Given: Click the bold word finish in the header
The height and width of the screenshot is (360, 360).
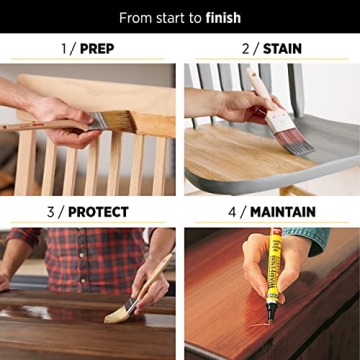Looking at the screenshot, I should point(221,18).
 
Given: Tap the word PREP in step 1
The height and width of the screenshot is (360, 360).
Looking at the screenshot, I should point(97,48).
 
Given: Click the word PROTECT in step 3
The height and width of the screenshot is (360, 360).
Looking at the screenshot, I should point(97,212).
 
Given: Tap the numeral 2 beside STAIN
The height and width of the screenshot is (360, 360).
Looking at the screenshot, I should point(244,48).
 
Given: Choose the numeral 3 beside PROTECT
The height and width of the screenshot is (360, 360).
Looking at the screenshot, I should point(50,212).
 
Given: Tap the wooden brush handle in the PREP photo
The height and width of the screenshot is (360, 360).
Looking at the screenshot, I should point(40,127).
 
